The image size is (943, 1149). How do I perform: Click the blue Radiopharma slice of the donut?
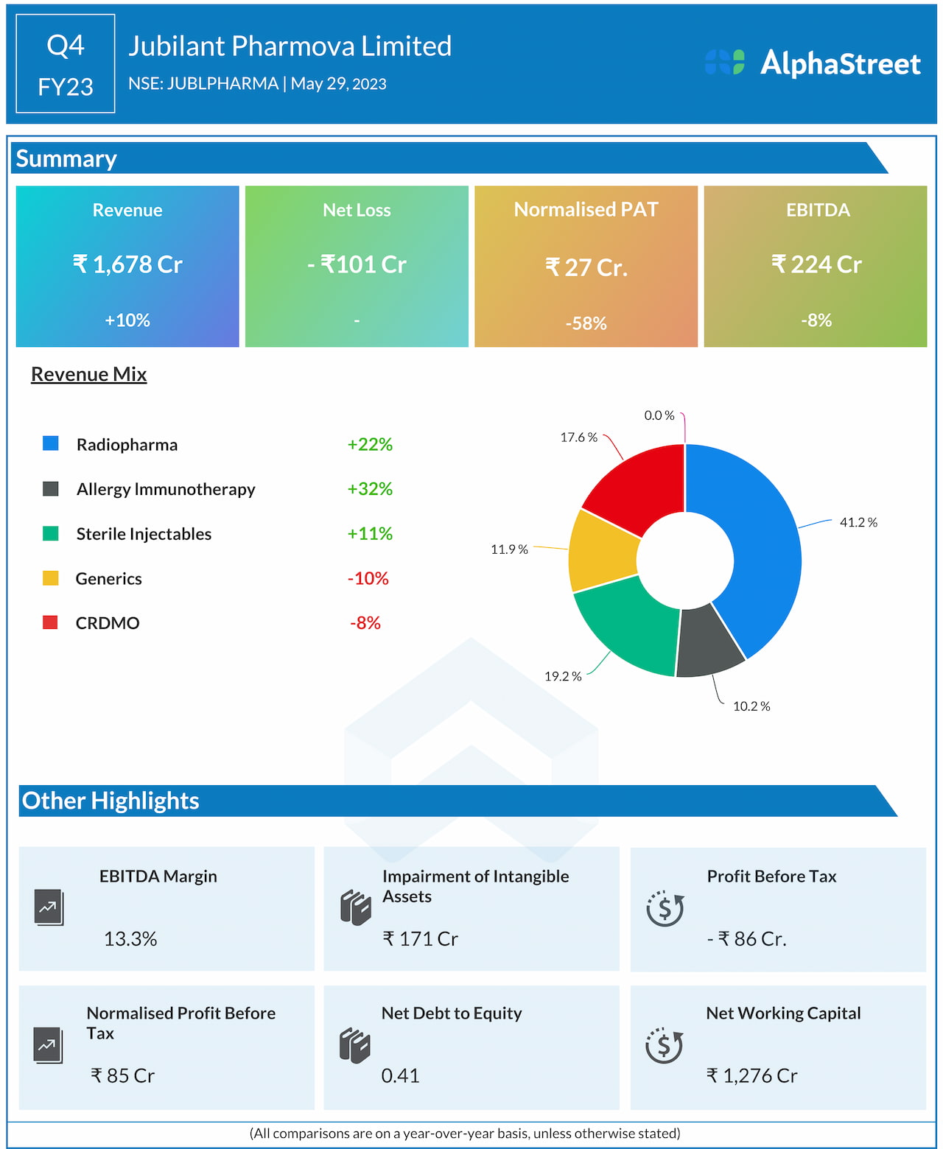(766, 545)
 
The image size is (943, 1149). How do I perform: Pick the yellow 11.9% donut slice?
(603, 551)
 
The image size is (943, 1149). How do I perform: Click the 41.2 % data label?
(858, 522)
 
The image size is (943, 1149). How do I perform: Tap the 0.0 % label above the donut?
(659, 415)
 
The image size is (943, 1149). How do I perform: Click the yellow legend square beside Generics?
(50, 578)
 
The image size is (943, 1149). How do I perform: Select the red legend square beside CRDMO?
(50, 622)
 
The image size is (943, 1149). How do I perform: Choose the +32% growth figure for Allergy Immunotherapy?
(370, 489)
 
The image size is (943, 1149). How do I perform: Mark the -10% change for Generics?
(368, 578)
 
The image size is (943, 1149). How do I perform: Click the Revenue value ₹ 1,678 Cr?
(127, 264)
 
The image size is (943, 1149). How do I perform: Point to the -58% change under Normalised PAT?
(586, 323)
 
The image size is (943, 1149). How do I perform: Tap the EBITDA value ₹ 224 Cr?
(816, 264)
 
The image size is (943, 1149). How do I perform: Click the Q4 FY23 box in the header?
(66, 64)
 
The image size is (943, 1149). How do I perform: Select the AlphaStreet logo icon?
(725, 63)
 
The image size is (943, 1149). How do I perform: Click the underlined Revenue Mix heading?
(89, 374)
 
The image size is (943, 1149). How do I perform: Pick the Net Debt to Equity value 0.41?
(400, 1075)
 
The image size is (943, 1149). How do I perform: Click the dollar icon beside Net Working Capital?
(665, 1046)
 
